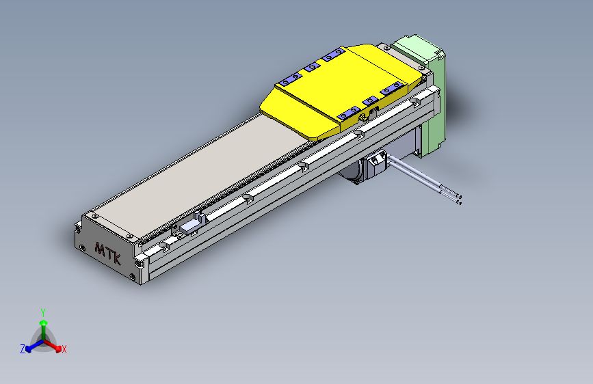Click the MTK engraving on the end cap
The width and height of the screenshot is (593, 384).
pos(108,252)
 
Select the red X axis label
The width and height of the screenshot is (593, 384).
pos(64,349)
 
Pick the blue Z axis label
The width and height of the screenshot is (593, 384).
pos(23,348)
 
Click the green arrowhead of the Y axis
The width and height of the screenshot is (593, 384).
pos(43,322)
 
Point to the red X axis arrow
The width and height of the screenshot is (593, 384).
pos(55,345)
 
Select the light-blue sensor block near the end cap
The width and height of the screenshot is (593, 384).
pos(190,226)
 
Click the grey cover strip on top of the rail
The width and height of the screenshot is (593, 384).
pos(205,171)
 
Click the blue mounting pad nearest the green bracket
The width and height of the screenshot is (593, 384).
pos(393,87)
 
